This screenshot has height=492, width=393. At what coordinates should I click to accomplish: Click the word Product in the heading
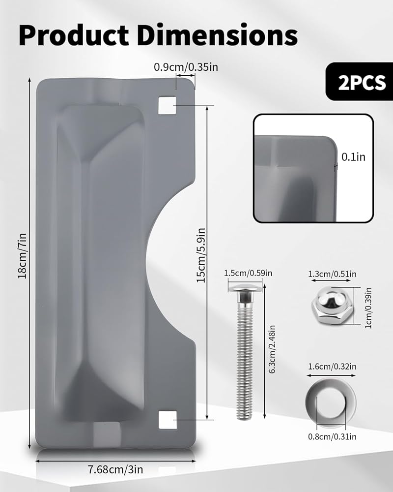click(x=74, y=34)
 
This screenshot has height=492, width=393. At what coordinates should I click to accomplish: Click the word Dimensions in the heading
click(x=217, y=34)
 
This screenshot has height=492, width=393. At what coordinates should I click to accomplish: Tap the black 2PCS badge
click(x=360, y=82)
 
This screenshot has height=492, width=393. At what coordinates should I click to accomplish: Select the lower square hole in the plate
click(x=168, y=420)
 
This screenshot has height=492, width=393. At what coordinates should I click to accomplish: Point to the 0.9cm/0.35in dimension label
click(x=186, y=67)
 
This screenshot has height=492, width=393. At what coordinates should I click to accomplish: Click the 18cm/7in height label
click(x=22, y=256)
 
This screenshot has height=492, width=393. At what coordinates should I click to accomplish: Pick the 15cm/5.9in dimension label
click(x=201, y=255)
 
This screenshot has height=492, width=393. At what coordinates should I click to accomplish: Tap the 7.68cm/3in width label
click(x=115, y=470)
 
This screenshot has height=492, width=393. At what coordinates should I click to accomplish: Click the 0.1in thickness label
click(x=353, y=156)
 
